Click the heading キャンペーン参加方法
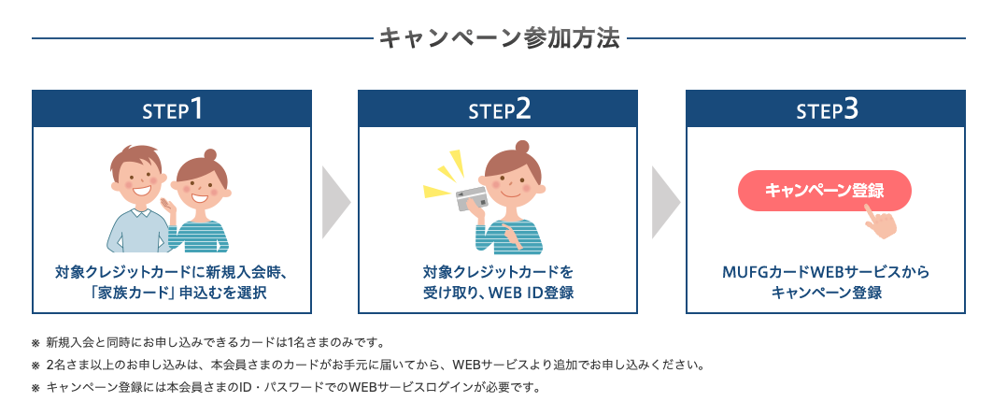click(x=499, y=38)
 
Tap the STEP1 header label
click(x=172, y=109)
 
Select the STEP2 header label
click(x=499, y=109)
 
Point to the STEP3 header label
click(x=827, y=109)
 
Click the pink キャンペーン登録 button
click(x=825, y=191)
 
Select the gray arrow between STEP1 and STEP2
click(x=336, y=203)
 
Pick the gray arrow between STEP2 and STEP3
click(x=666, y=203)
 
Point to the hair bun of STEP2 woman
click(x=522, y=147)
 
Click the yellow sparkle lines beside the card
click(x=445, y=174)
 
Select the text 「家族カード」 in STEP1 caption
click(x=134, y=294)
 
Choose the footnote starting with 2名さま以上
click(x=368, y=366)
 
